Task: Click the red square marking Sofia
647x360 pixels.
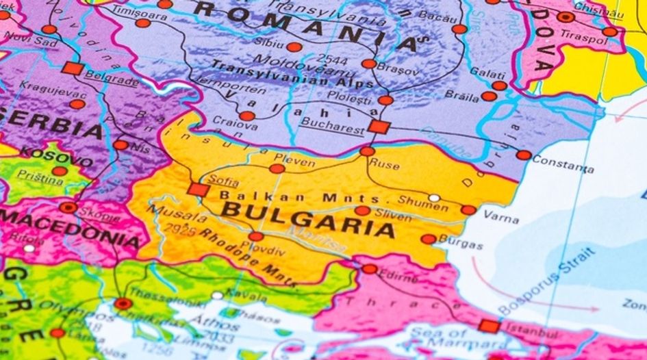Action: click(199, 190)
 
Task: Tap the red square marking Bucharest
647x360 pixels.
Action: click(378, 127)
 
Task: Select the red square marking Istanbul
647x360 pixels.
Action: click(489, 326)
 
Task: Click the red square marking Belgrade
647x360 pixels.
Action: click(73, 68)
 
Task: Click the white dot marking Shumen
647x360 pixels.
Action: click(434, 198)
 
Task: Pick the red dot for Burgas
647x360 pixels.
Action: click(428, 239)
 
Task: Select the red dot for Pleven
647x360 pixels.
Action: click(277, 168)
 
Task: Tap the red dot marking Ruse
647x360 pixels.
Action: click(368, 151)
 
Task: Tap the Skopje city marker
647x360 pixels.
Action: click(68, 207)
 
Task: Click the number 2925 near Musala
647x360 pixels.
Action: click(180, 230)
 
